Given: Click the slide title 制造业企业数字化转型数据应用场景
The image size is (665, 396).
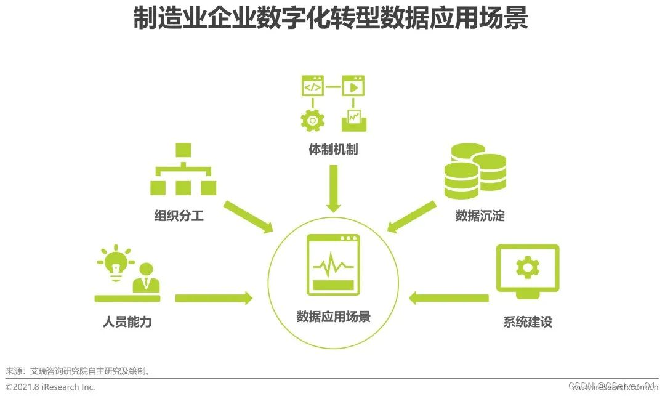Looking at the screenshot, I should pyautogui.click(x=331, y=19).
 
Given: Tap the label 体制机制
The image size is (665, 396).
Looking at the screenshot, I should pyautogui.click(x=333, y=150).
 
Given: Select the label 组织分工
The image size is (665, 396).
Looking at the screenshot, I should pyautogui.click(x=179, y=216).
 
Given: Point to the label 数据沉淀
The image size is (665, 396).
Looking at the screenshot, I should pyautogui.click(x=480, y=216).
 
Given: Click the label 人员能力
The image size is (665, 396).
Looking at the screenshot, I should pyautogui.click(x=127, y=321).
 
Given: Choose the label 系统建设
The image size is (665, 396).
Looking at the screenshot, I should pyautogui.click(x=528, y=321).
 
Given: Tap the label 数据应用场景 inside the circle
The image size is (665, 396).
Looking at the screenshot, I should pyautogui.click(x=333, y=317).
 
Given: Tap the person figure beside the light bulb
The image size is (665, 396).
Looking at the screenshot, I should pyautogui.click(x=147, y=278).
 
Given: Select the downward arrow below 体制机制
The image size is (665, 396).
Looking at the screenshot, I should pyautogui.click(x=333, y=188).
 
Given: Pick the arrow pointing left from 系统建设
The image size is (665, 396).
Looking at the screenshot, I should pyautogui.click(x=449, y=298).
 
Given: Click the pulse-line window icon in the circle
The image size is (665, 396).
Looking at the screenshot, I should pyautogui.click(x=333, y=265).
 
